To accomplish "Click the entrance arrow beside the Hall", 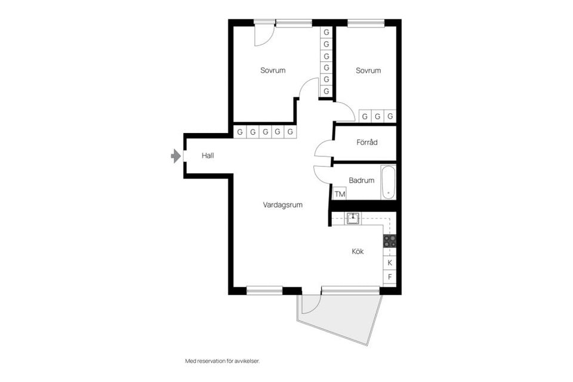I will [x=175, y=156].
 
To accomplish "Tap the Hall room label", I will [x=208, y=156].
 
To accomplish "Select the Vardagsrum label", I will [x=282, y=205].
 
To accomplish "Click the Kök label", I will [x=358, y=251].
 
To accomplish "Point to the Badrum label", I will [x=361, y=180].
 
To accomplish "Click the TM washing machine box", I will [x=340, y=193].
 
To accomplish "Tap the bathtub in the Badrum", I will [x=389, y=181].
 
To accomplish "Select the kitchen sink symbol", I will [x=353, y=218].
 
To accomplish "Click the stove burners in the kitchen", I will [x=389, y=241].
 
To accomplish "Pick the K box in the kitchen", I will [x=390, y=262].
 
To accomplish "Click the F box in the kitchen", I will [x=390, y=277].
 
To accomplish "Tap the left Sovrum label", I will [x=273, y=70].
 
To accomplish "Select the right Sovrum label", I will [x=368, y=70].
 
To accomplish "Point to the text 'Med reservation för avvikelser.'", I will [x=223, y=361].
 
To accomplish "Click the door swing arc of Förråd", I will [x=322, y=147].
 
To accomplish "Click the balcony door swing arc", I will [x=310, y=304].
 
